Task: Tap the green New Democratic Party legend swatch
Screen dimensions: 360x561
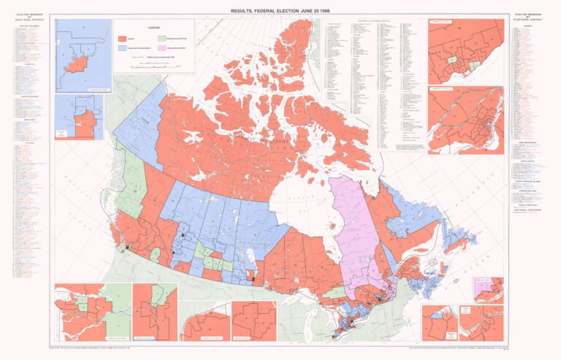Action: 162,38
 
